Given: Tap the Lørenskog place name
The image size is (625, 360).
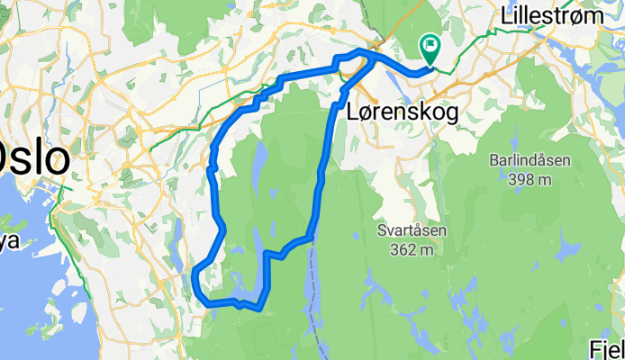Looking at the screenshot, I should click(402, 111).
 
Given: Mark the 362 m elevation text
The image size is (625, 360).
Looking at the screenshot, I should click(413, 250).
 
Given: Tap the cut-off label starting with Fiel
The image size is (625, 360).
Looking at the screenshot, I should click(607, 349).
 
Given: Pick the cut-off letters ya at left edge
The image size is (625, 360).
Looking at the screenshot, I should click(8, 240).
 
